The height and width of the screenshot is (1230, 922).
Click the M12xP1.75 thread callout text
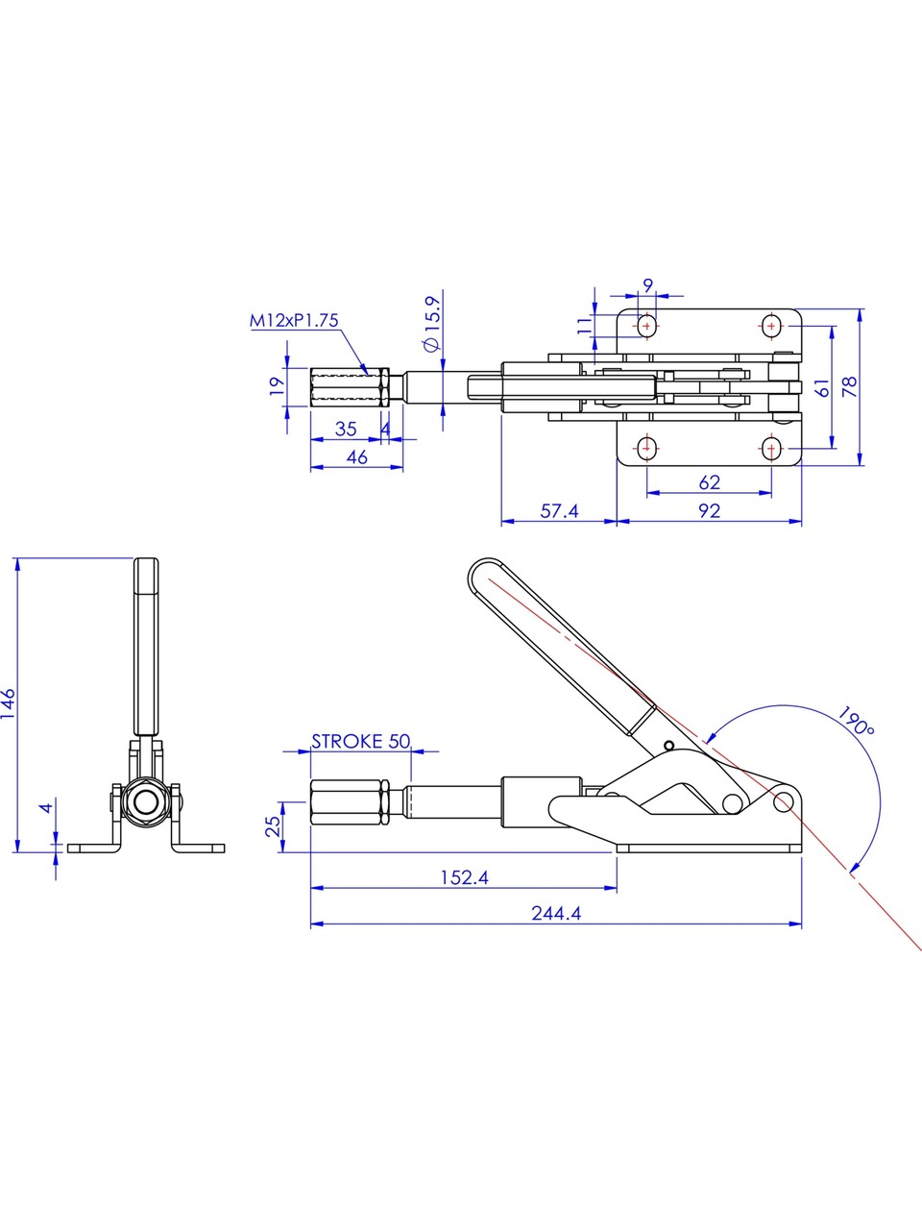click(x=294, y=321)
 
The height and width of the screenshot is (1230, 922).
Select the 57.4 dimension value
click(x=559, y=511)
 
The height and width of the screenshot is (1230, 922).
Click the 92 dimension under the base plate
click(x=709, y=511)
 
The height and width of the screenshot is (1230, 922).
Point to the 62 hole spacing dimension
click(x=709, y=482)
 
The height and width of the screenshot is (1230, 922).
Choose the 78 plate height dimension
click(x=849, y=386)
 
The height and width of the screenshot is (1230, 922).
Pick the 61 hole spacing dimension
click(x=822, y=386)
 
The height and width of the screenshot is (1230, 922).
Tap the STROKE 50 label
click(x=360, y=741)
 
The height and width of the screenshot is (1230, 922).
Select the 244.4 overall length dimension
click(x=556, y=913)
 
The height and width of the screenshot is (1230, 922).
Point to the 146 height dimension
click(x=9, y=704)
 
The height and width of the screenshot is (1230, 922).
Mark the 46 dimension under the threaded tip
click(x=356, y=456)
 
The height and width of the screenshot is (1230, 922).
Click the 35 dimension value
click(x=346, y=430)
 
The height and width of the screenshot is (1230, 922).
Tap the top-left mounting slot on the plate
click(x=647, y=327)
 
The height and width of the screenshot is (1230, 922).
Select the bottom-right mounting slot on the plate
click(x=771, y=448)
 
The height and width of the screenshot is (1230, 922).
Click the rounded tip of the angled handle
click(x=482, y=573)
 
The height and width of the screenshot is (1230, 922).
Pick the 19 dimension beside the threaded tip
click(x=276, y=386)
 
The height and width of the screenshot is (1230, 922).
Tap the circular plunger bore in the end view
click(x=146, y=802)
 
